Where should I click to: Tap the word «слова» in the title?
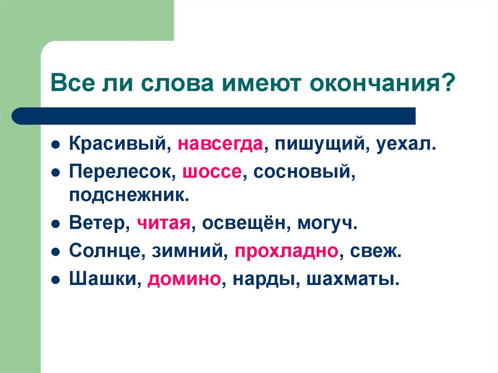click(165, 83)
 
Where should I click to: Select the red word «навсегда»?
click(221, 144)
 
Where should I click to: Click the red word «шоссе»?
click(212, 172)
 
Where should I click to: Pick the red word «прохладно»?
click(286, 252)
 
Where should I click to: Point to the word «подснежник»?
click(128, 196)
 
